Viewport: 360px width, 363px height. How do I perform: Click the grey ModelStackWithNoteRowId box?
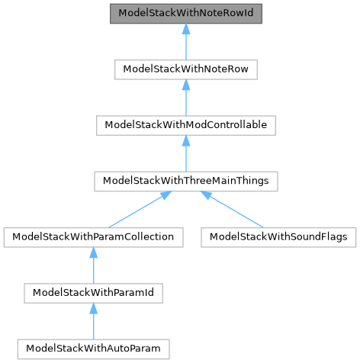[186, 14]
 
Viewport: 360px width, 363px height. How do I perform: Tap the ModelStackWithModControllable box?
[186, 125]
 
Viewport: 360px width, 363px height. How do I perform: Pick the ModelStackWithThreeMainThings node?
[186, 181]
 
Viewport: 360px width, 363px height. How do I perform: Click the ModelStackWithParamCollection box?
[93, 236]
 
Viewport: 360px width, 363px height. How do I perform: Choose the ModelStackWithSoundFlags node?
[278, 236]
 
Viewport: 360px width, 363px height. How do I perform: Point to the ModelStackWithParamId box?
[93, 292]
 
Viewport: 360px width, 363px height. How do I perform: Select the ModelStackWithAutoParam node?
[93, 348]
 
